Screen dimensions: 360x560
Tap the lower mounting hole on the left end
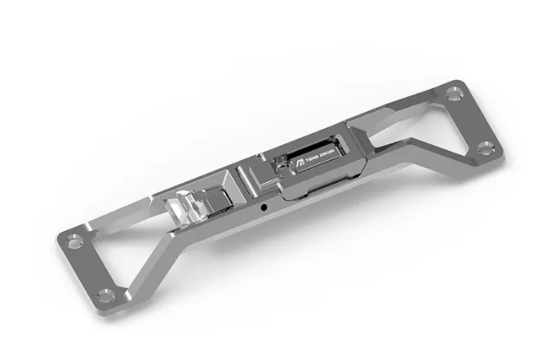point(104,295)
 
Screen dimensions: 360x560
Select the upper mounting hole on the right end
point(453,95)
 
